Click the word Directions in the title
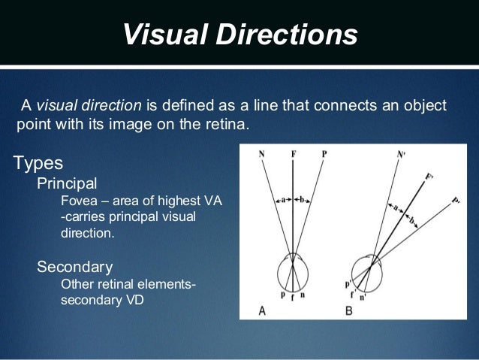(x=285, y=34)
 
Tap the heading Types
(x=38, y=162)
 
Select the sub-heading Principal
(x=67, y=183)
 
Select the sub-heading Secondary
(x=75, y=266)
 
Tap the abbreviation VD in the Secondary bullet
(x=134, y=301)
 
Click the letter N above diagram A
(x=261, y=155)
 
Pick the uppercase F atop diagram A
(x=293, y=155)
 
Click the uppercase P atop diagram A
(x=324, y=155)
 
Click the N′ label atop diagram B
(x=401, y=156)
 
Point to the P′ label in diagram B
(x=457, y=201)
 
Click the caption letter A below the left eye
(x=261, y=309)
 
